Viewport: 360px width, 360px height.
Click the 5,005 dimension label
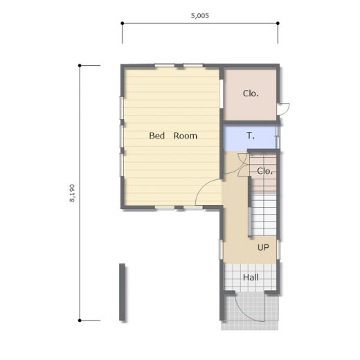[x=200, y=16]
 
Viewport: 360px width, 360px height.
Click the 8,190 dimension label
[x=72, y=193]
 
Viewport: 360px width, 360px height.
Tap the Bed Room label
[x=173, y=136]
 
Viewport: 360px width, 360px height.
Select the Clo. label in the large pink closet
[x=251, y=93]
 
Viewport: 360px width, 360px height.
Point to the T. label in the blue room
[x=251, y=136]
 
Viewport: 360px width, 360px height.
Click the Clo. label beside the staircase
[x=264, y=171]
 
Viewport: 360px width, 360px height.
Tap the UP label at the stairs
[x=263, y=247]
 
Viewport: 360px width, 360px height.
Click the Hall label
[x=251, y=277]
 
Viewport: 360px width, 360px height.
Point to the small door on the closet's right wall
[x=284, y=109]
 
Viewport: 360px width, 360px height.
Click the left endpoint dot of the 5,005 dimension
[x=123, y=24]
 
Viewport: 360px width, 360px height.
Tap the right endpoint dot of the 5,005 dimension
[x=278, y=24]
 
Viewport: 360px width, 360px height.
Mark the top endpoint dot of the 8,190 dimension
[x=80, y=66]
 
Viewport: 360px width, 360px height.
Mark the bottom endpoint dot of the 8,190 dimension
[x=80, y=321]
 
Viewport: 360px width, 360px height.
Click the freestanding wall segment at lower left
[x=122, y=292]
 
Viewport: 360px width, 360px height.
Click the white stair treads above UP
[x=264, y=214]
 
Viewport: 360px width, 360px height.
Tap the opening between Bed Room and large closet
[x=222, y=93]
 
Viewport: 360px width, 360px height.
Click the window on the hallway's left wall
[x=221, y=249]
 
